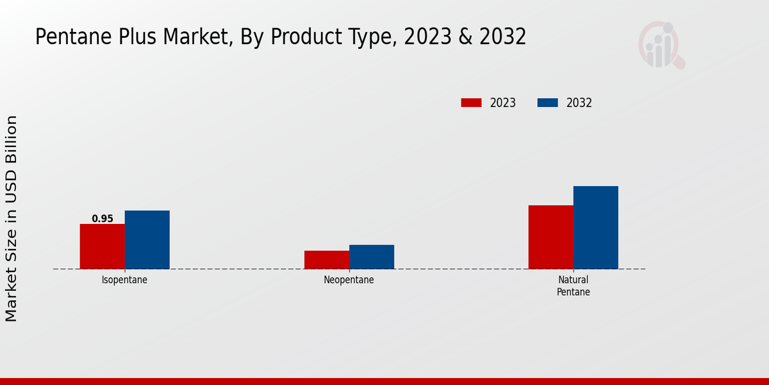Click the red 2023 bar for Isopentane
coord(102,246)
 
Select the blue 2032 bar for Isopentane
coord(147,239)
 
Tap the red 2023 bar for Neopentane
coord(326,259)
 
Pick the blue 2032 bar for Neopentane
coord(371,257)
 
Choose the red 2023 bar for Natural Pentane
coord(550,237)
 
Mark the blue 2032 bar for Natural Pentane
coord(595,227)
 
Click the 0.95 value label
coord(103,219)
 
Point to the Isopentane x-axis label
coord(124,280)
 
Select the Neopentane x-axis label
coord(349,280)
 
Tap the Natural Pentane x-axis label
coord(573,286)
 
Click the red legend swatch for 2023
coord(471,103)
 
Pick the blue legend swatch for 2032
coord(547,103)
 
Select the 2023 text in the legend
coord(503,103)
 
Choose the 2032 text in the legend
coord(579,103)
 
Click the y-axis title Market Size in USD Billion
coord(12,218)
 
